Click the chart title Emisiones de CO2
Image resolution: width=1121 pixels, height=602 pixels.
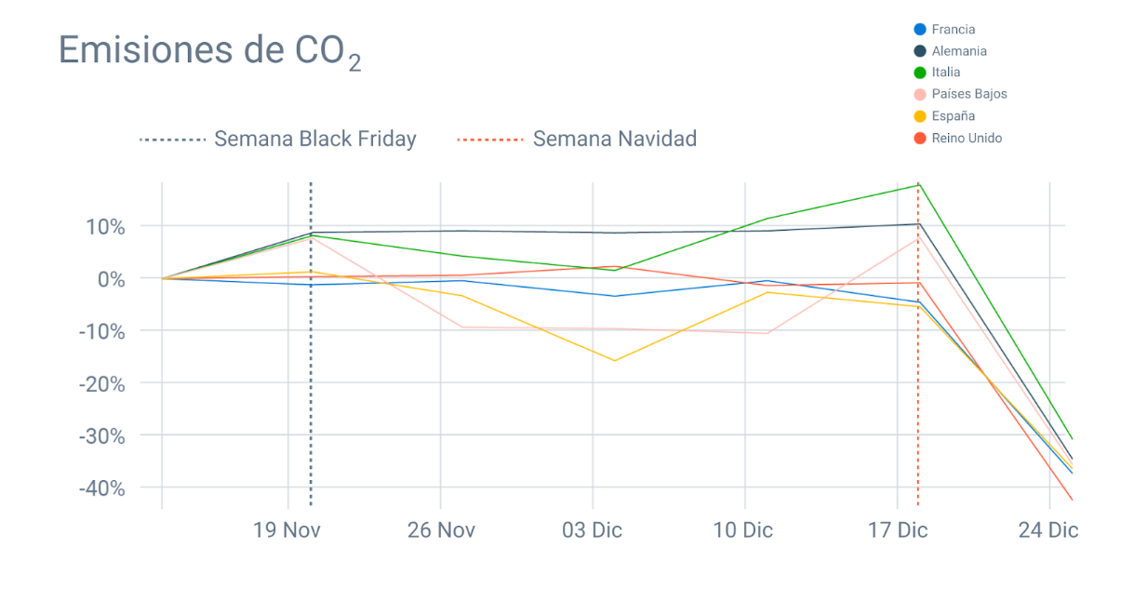209,50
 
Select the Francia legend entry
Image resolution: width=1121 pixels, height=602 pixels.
953,29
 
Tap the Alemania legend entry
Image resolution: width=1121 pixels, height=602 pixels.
958,51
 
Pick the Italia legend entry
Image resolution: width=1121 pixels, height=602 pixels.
945,72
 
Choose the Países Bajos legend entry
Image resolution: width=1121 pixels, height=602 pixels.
968,94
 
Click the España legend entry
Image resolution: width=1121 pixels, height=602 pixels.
953,116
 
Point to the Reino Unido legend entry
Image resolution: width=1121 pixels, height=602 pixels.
966,138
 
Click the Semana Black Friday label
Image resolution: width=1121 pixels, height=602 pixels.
314,140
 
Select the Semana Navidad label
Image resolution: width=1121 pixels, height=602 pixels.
614,140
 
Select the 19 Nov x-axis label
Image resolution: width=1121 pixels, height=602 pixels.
287,530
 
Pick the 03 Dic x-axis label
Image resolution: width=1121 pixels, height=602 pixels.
592,530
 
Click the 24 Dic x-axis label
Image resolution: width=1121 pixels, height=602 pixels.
1048,530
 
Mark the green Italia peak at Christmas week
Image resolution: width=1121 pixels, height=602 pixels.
918,184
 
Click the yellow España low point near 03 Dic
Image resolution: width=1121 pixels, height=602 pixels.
614,360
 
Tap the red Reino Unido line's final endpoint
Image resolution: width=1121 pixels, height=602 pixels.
1072,500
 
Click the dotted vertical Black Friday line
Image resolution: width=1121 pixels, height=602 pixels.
310,372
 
